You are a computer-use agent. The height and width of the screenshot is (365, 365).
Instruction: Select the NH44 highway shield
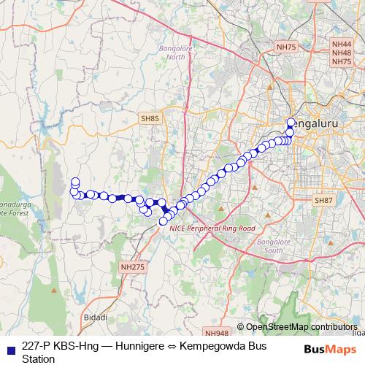[x=341, y=44]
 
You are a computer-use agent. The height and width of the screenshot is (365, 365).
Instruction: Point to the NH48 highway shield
[x=341, y=53]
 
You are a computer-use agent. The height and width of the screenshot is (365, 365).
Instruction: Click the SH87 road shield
[x=323, y=199]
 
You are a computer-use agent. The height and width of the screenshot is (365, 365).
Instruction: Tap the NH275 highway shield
[x=133, y=267]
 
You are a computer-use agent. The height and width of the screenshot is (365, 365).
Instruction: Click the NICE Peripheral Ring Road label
[x=212, y=228]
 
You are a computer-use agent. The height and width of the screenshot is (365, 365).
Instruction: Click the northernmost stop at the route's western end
[x=74, y=182]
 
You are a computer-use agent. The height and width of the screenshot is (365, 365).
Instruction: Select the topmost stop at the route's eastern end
[x=291, y=123]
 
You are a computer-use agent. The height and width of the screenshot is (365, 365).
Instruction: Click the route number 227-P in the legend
[x=37, y=346]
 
